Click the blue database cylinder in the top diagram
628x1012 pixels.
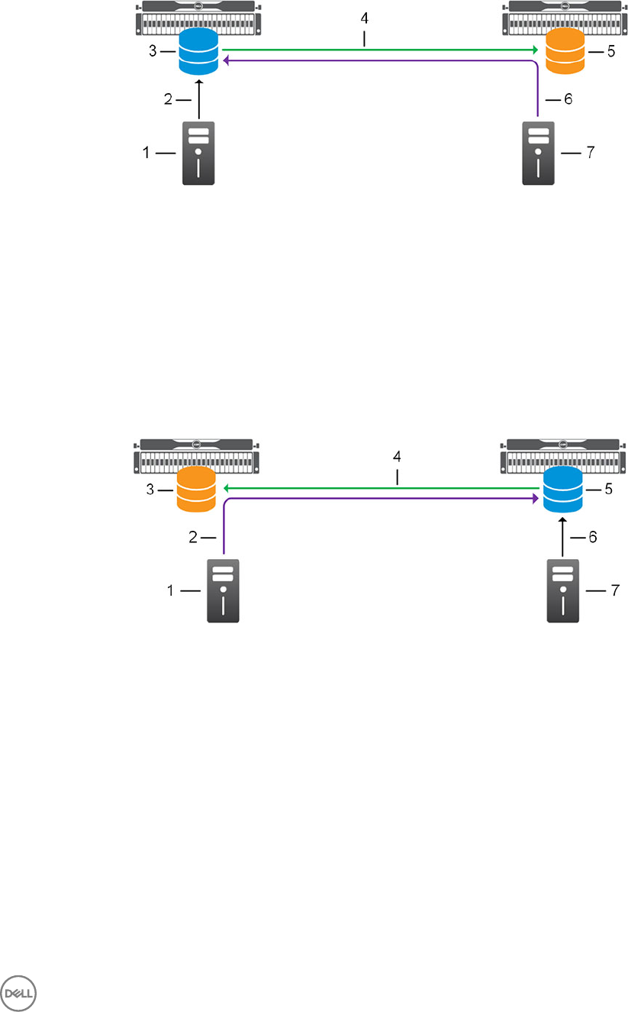[198, 53]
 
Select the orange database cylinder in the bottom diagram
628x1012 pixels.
[195, 490]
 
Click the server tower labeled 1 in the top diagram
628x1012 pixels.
[198, 153]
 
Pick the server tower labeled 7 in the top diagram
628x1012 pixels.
[539, 153]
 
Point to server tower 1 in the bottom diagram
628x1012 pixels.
[224, 590]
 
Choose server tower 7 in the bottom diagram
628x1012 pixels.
[563, 590]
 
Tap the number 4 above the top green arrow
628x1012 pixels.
[366, 17]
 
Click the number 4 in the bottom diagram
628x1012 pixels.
[396, 456]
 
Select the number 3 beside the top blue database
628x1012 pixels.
[152, 51]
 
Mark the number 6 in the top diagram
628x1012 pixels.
[567, 99]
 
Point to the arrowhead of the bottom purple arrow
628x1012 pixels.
[536, 499]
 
